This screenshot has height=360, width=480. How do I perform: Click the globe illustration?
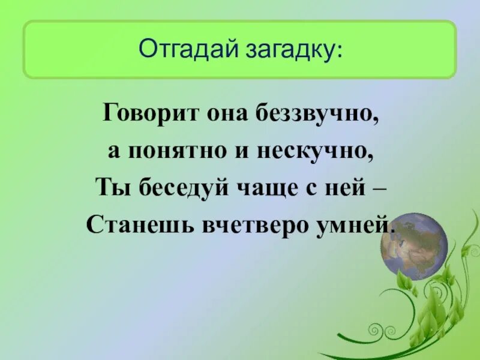pyautogui.click(x=414, y=246)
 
